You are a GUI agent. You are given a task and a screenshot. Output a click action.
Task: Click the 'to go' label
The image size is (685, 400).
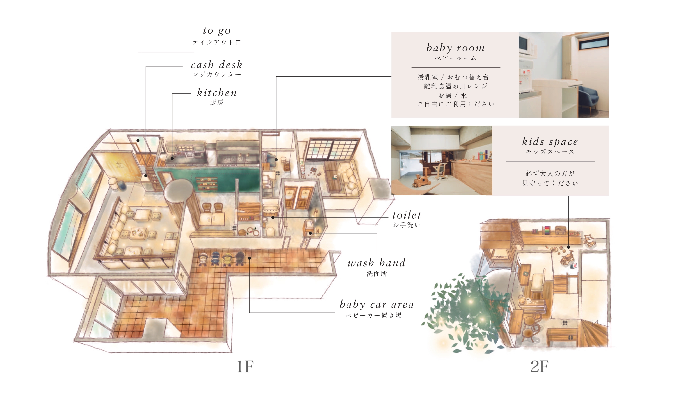coord(217,31)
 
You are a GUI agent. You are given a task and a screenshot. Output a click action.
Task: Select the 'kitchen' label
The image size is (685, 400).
coord(217,93)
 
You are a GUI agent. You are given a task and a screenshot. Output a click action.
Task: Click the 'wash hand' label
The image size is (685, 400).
coord(376,263)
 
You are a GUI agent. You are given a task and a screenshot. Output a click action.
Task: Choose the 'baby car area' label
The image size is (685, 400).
coord(377,304)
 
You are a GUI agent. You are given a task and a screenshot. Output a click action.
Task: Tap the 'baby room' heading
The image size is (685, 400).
coord(455,48)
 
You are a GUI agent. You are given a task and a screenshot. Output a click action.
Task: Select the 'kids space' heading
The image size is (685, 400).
coord(550,142)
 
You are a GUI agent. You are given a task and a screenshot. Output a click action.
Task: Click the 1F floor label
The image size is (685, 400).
coord(245,367)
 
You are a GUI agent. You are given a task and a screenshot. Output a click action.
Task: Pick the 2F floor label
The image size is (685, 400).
coord(540,367)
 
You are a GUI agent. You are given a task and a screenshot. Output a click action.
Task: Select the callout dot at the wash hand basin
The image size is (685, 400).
coord(310,233)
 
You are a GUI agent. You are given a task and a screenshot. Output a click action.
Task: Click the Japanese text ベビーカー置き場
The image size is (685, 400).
coord(374,315)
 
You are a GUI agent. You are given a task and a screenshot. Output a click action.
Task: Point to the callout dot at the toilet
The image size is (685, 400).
coord(273,217)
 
